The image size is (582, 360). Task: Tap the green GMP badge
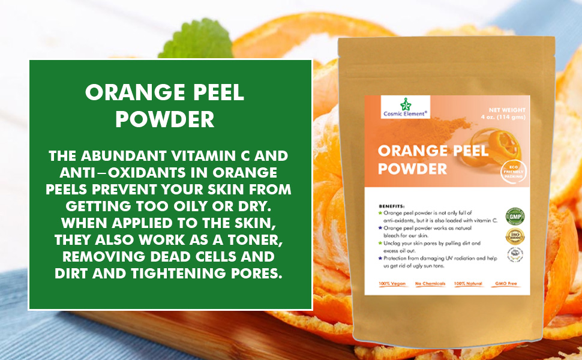pyautogui.click(x=514, y=215)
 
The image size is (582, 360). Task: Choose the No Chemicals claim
pyautogui.click(x=430, y=283)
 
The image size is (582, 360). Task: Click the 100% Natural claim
pyautogui.click(x=470, y=283)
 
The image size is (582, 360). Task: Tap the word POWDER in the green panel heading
pyautogui.click(x=164, y=118)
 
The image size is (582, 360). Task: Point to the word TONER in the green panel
pyautogui.click(x=244, y=240)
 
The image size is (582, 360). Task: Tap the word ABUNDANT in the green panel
pyautogui.click(x=115, y=157)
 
